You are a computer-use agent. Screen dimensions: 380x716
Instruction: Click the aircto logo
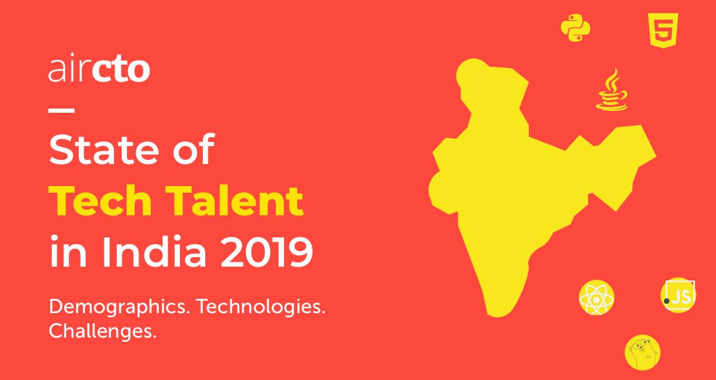(98, 70)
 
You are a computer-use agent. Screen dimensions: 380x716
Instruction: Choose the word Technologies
(261, 308)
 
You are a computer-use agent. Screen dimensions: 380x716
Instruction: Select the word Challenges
(103, 330)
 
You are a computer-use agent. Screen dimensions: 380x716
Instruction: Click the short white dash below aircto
(61, 110)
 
